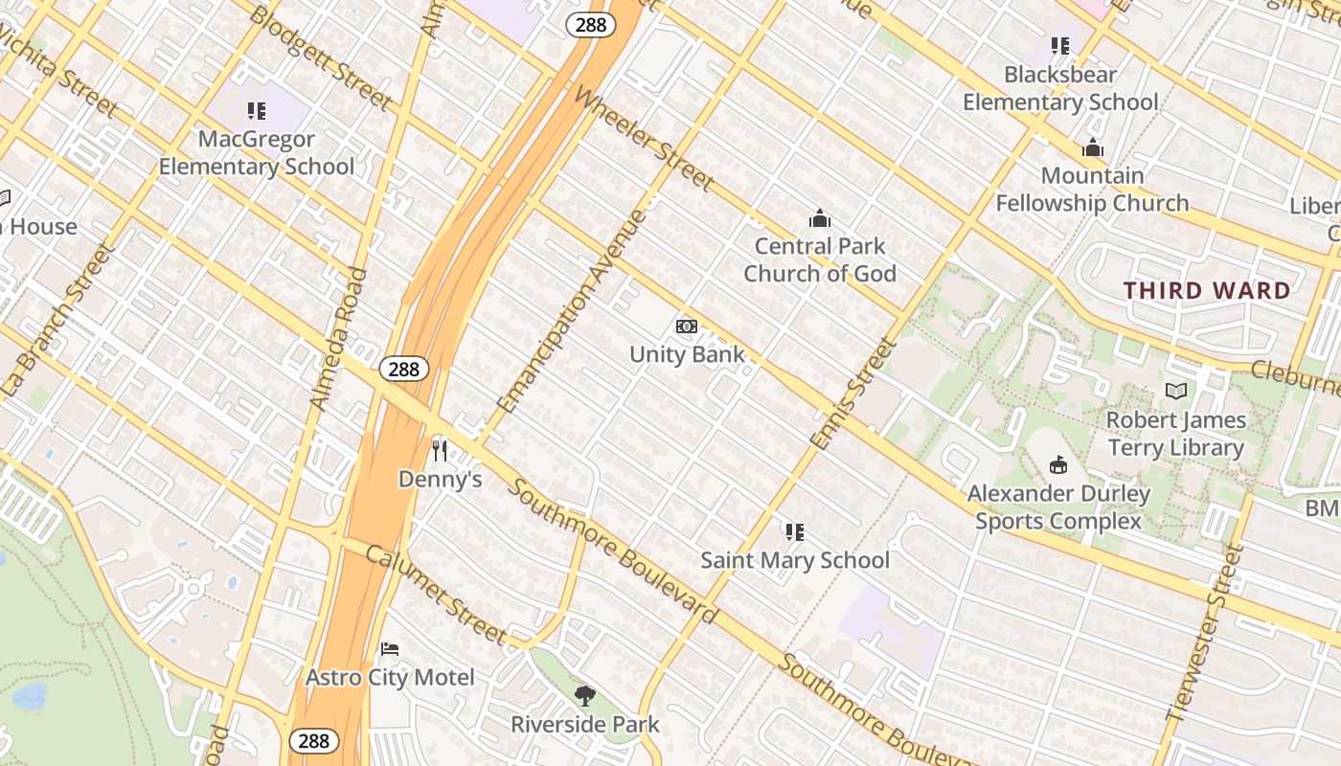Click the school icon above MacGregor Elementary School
256,111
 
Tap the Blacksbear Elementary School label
1060,88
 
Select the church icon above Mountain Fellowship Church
1093,147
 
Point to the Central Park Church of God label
820,259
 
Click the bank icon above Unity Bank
686,327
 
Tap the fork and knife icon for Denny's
440,450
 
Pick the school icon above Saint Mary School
794,531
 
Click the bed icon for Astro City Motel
389,649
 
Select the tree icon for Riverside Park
584,696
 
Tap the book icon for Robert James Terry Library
1175,391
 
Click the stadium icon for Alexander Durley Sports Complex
1058,465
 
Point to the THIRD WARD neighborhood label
1207,290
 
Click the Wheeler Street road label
644,138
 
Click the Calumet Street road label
435,595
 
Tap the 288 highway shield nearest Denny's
403,369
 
